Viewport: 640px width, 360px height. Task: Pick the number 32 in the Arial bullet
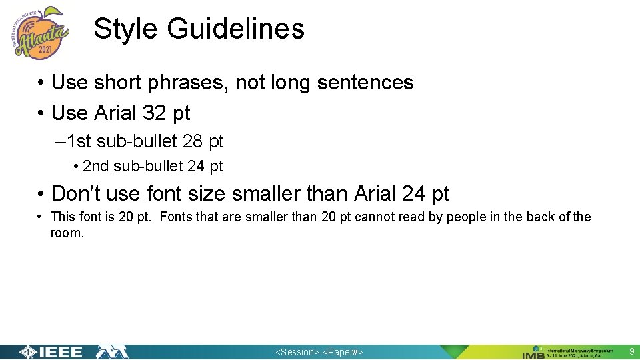(155, 113)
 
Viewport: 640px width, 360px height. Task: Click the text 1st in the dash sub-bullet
(79, 142)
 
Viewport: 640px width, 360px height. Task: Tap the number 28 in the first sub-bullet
(193, 142)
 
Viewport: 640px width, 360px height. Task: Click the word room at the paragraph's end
(67, 233)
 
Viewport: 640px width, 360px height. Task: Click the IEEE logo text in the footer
(59, 353)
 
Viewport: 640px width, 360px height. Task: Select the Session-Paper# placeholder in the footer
(319, 353)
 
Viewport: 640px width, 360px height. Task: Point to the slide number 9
(631, 351)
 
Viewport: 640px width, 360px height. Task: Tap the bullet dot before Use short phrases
(41, 83)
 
